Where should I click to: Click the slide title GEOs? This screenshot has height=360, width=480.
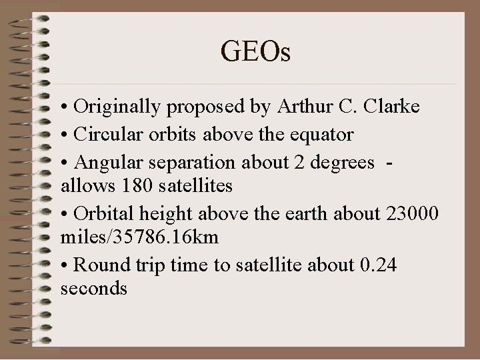[257, 51]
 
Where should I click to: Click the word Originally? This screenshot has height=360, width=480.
[115, 107]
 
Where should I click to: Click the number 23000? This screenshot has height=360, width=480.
[412, 213]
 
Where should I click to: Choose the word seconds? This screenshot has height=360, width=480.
[93, 289]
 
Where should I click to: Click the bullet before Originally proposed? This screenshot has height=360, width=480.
[64, 107]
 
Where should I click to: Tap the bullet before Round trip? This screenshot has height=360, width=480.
[64, 265]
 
